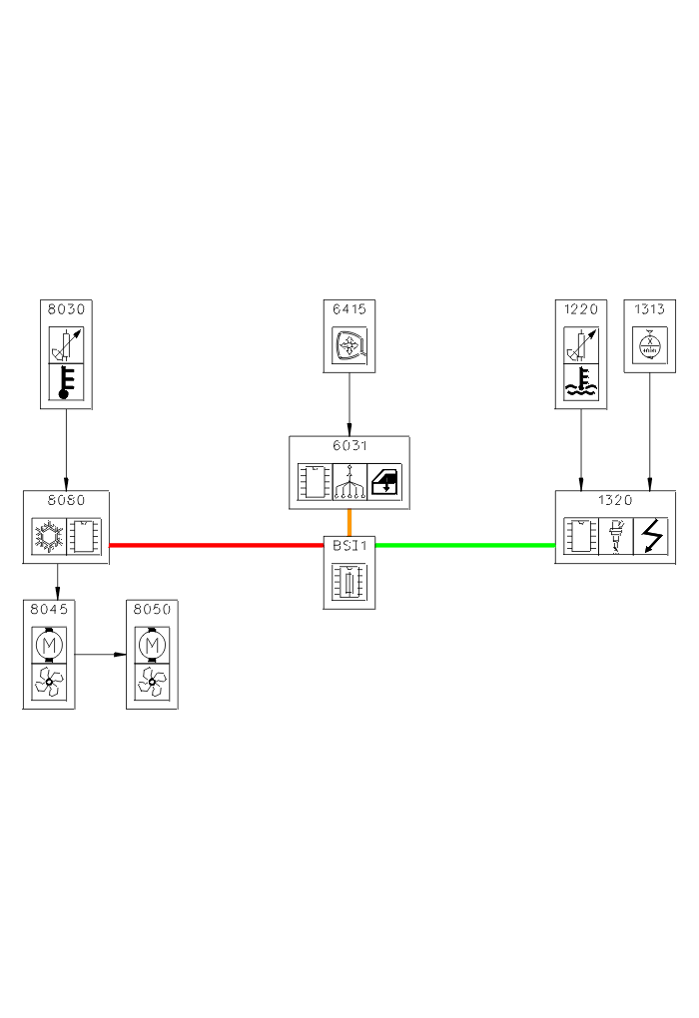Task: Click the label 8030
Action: click(66, 308)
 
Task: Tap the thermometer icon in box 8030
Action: click(66, 382)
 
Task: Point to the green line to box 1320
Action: click(464, 545)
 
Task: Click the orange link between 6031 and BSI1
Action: click(349, 523)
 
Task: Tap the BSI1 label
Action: click(349, 546)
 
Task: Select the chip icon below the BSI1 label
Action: click(349, 581)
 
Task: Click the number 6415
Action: click(349, 308)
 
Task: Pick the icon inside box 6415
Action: click(349, 345)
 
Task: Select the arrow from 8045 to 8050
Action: click(101, 655)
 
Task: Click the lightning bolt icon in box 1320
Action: click(650, 536)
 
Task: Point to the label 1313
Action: click(650, 308)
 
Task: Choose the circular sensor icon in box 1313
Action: click(650, 345)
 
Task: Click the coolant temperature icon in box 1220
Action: click(581, 382)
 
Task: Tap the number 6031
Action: click(349, 445)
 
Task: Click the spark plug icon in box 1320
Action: click(615, 536)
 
